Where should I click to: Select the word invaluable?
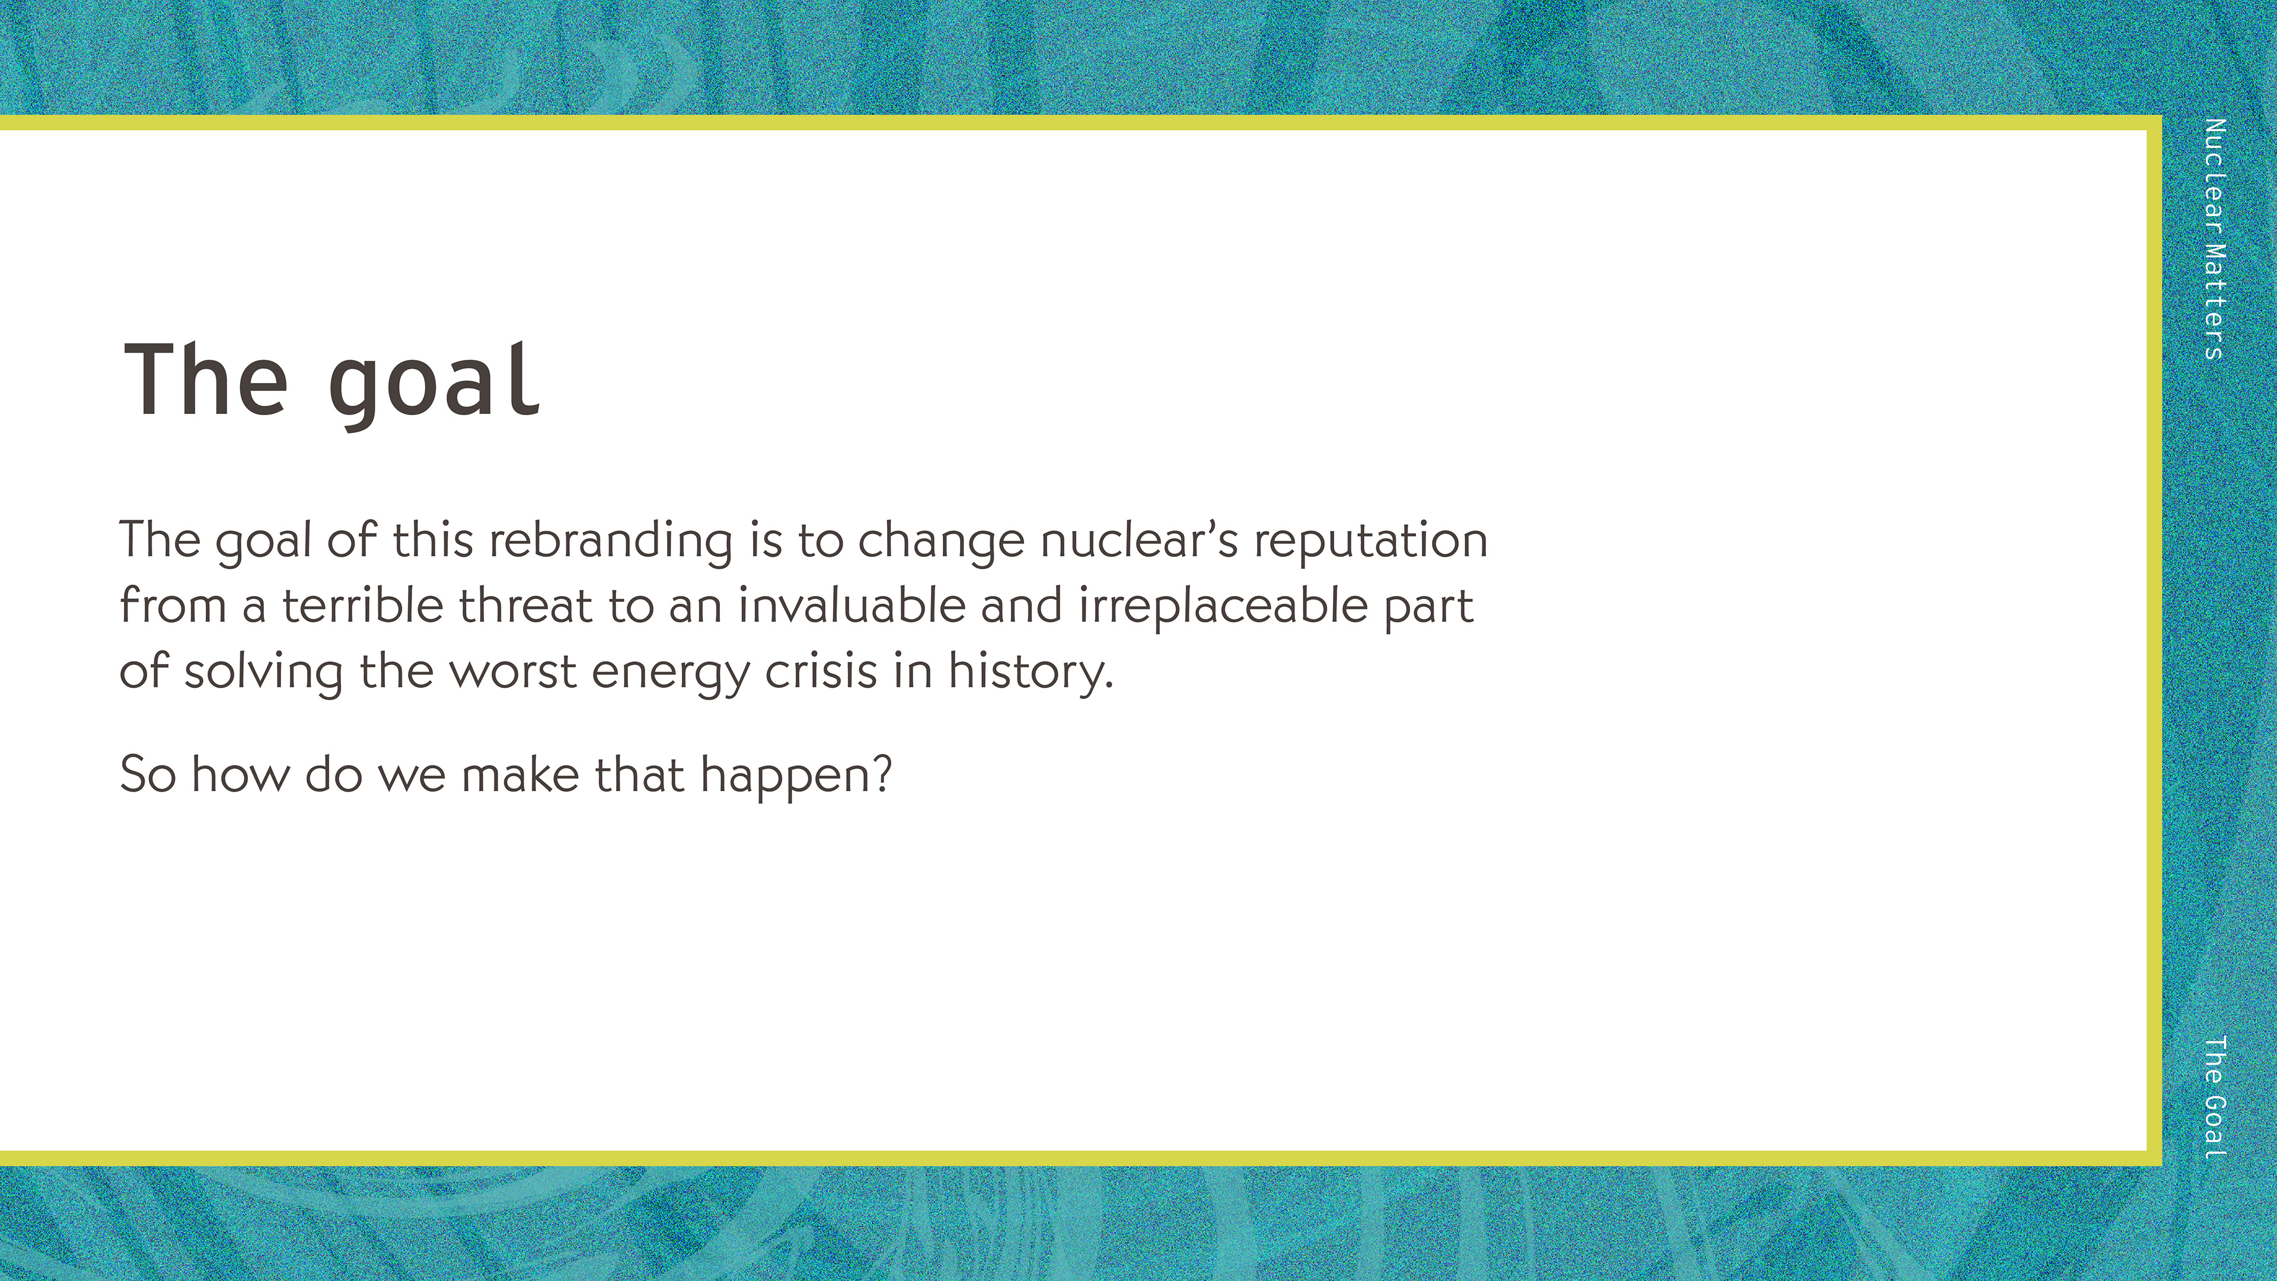tap(852, 606)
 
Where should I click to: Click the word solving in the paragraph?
tap(263, 673)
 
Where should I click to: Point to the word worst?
tap(513, 673)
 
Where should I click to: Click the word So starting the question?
tap(148, 775)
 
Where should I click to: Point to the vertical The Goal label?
tap(2214, 1096)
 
